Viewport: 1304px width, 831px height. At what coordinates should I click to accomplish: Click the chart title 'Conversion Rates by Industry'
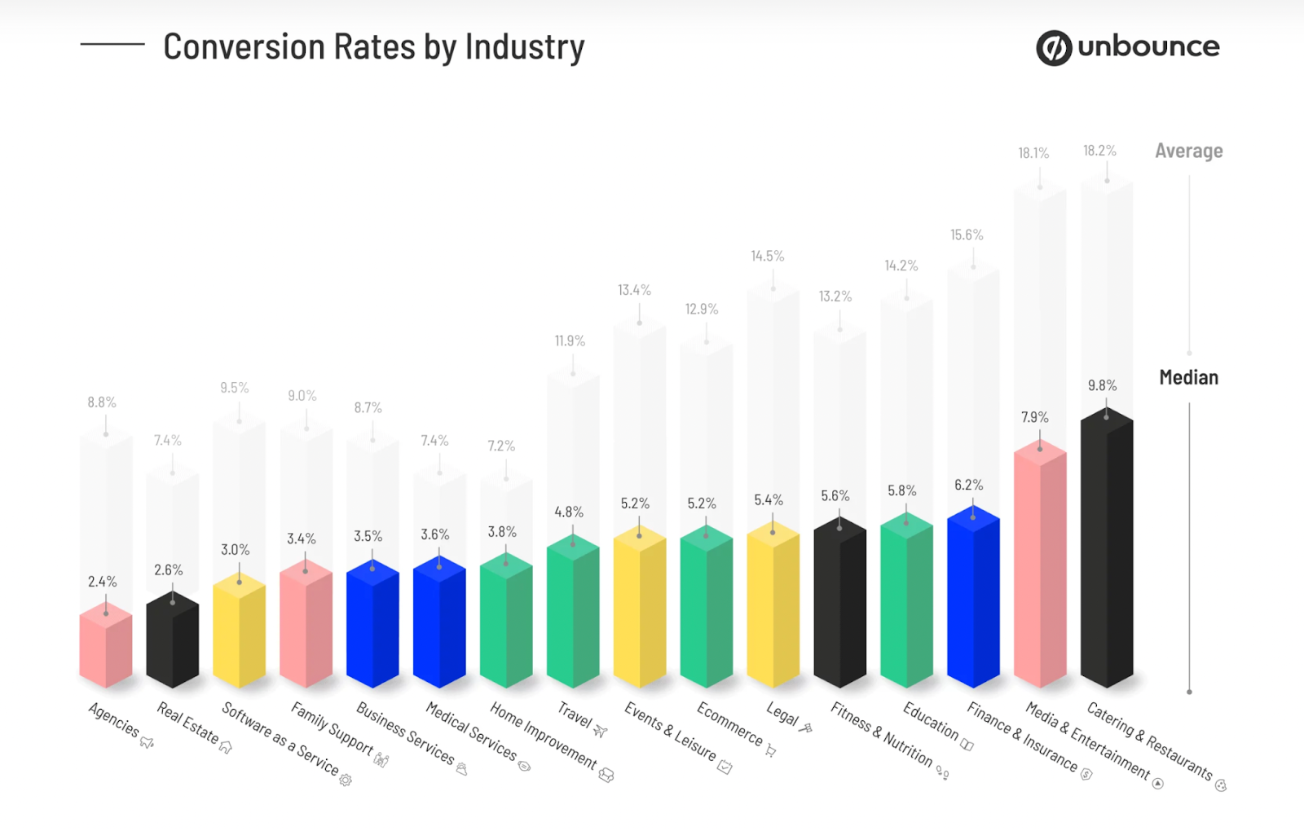coord(373,47)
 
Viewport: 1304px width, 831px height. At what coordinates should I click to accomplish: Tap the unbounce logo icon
coord(1053,48)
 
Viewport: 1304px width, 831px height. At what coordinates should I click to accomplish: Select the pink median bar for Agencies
coord(106,648)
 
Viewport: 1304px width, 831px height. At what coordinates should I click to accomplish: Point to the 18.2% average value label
coord(1099,151)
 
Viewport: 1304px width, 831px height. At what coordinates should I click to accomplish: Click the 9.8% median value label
coord(1102,385)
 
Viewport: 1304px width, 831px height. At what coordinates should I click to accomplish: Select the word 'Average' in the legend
coord(1188,152)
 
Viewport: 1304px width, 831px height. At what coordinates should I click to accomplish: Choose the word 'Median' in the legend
coord(1188,378)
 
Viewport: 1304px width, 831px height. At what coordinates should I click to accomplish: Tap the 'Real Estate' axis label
coord(188,723)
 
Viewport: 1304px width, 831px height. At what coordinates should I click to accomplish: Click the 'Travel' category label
coord(575,715)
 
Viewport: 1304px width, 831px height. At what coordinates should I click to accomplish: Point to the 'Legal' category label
coord(782,714)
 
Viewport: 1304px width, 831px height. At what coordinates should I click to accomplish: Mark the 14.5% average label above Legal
coord(768,256)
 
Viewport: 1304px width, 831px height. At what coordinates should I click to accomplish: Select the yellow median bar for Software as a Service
coord(240,631)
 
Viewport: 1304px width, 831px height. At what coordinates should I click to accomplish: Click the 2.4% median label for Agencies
coord(103,582)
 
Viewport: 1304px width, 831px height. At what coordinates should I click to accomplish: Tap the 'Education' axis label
coord(931,721)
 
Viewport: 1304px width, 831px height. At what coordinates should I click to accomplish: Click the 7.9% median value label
coord(1035,417)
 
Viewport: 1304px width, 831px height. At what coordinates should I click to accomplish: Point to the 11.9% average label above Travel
coord(570,341)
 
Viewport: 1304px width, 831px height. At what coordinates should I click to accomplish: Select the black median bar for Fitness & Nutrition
coord(839,603)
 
